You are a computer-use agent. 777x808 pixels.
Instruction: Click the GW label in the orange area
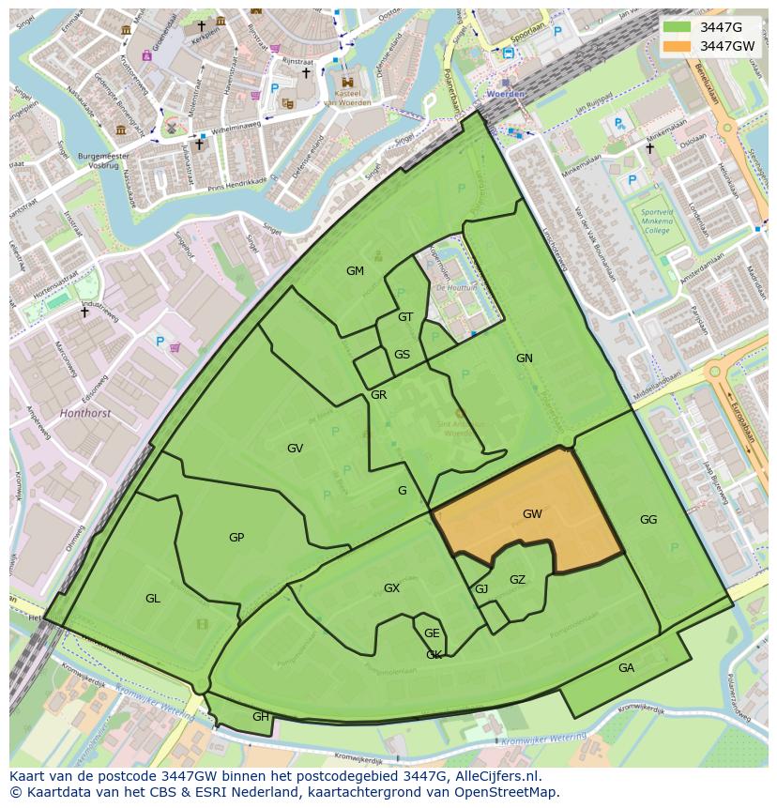tap(532, 514)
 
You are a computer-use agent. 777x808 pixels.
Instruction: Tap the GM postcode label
tap(355, 271)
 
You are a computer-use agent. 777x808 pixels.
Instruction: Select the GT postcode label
tap(405, 317)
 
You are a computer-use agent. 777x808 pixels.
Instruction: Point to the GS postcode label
tap(402, 355)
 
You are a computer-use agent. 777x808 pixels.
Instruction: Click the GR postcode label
tap(378, 395)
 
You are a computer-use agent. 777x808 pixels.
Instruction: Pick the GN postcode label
tap(524, 358)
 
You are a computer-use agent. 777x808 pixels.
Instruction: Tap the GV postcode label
tap(295, 449)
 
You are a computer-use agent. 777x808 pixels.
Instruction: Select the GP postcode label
tap(236, 538)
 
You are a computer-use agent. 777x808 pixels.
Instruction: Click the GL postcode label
tap(152, 599)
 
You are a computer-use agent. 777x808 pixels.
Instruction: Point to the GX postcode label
tap(391, 588)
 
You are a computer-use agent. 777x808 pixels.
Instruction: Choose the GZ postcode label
tap(517, 580)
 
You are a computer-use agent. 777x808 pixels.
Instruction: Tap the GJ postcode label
tap(481, 589)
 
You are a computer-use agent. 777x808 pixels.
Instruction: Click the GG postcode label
tap(648, 520)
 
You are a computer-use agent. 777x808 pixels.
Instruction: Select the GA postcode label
tap(626, 668)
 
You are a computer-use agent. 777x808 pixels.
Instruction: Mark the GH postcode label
tap(260, 717)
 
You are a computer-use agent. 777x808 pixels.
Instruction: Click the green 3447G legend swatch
tap(677, 27)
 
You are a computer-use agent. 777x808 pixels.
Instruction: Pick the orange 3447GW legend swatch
tap(677, 46)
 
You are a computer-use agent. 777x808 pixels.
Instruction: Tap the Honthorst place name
tap(84, 412)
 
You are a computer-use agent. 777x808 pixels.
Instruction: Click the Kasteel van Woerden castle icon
tap(347, 83)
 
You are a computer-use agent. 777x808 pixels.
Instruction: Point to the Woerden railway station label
tap(505, 95)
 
